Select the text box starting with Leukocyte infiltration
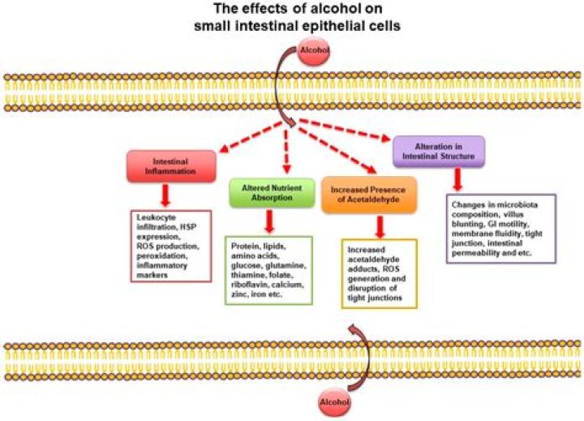click(172, 246)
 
